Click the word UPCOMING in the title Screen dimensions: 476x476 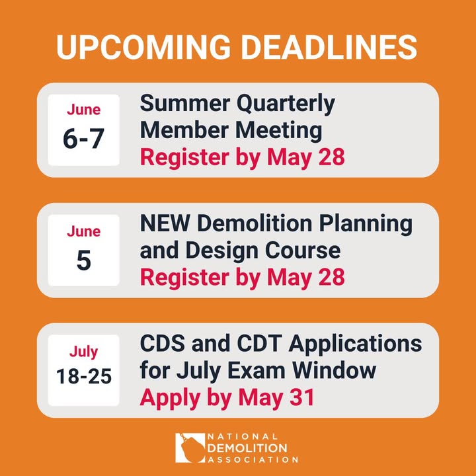(x=143, y=48)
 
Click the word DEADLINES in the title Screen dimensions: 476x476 (x=329, y=48)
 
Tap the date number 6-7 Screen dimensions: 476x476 (x=83, y=138)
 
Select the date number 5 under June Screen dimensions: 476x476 (x=84, y=260)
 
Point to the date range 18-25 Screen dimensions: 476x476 (x=84, y=376)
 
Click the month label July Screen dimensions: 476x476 (x=84, y=352)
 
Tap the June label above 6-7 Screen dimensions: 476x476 (x=84, y=109)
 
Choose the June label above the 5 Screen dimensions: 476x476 (x=84, y=231)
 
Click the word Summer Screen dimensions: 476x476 (x=185, y=103)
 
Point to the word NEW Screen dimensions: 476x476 (x=165, y=223)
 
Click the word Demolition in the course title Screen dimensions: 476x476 (x=255, y=223)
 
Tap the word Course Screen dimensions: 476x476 (x=302, y=251)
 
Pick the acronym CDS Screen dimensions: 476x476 (x=163, y=343)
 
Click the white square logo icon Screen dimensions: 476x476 (x=190, y=448)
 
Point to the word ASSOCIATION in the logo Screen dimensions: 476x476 (x=253, y=459)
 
